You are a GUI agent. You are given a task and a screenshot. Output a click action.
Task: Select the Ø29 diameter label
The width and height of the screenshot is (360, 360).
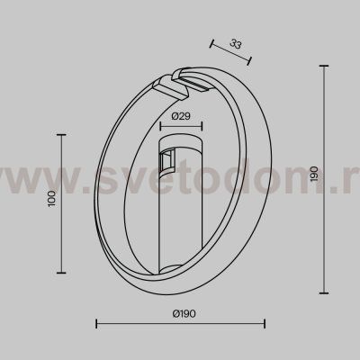pyautogui.click(x=180, y=116)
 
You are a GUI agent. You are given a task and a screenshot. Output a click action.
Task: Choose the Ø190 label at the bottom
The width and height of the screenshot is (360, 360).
pyautogui.click(x=181, y=313)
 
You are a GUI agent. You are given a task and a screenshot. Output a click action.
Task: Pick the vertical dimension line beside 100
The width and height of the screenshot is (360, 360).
pyautogui.click(x=60, y=202)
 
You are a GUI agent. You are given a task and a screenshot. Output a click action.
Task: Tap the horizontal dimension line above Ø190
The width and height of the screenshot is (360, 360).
pyautogui.click(x=180, y=324)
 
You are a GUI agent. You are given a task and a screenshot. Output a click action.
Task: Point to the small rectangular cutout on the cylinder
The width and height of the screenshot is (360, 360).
pyautogui.click(x=165, y=159)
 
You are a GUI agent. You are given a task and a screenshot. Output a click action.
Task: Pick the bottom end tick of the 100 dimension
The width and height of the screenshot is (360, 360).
pyautogui.click(x=60, y=272)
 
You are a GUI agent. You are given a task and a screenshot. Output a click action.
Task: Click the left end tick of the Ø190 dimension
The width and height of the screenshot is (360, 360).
pyautogui.click(x=95, y=324)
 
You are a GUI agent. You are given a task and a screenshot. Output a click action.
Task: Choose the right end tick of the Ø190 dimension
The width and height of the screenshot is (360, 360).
pyautogui.click(x=265, y=324)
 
